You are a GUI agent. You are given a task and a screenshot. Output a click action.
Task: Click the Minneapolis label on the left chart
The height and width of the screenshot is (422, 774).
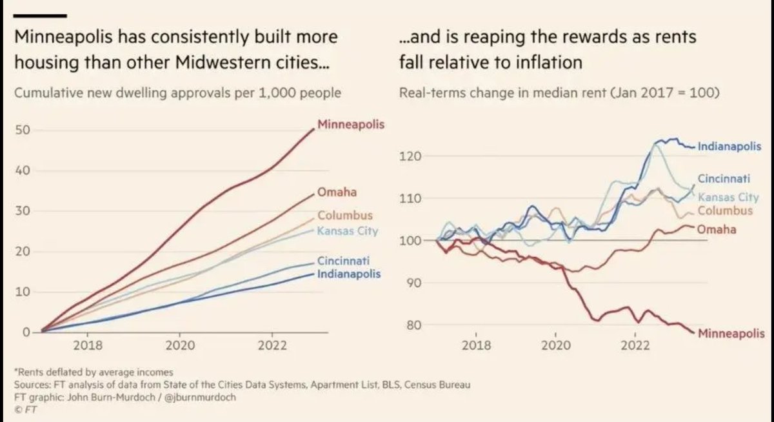pos(351,123)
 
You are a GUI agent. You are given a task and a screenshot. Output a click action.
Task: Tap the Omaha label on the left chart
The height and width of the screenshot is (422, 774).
pos(337,192)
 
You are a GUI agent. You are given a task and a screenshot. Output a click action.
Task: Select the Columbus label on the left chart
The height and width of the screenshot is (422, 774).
pos(345,215)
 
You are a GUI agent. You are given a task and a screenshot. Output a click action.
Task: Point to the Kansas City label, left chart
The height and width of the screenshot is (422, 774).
pos(348,231)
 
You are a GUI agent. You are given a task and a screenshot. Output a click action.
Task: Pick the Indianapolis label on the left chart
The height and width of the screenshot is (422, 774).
pos(349,274)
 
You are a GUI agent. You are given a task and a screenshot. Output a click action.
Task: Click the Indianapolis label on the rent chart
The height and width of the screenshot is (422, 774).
pos(729,146)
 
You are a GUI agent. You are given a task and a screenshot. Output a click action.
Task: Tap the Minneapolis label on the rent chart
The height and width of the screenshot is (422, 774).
pos(731,334)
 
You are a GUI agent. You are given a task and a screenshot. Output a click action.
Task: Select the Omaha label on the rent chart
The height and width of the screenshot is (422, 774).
pos(717,228)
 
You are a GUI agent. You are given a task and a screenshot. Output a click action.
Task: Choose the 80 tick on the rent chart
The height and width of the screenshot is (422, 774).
pos(414,325)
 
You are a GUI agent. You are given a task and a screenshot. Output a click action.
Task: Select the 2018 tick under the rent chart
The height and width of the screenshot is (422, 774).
pos(475,345)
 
